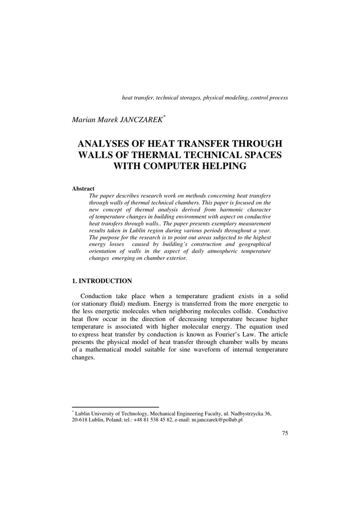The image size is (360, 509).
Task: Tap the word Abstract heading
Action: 83,189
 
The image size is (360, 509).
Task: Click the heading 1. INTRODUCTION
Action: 102,281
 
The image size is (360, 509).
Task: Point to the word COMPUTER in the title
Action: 181,166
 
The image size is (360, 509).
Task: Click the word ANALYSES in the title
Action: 107,143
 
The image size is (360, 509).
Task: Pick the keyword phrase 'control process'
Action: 269,98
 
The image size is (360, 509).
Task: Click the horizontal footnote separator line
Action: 115,407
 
